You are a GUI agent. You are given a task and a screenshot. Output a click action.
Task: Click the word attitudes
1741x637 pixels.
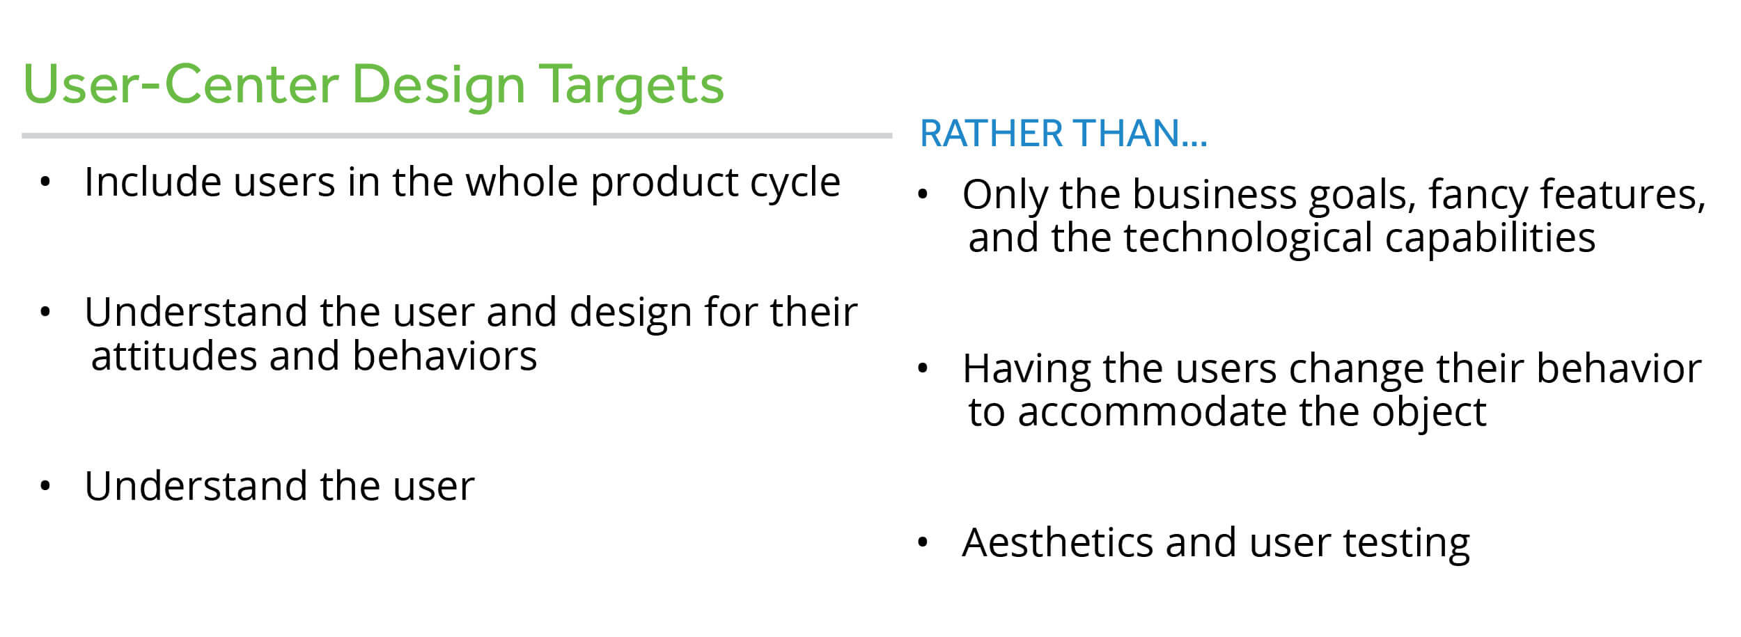coord(174,356)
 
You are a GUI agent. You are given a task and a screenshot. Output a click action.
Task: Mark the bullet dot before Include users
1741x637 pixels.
coord(45,183)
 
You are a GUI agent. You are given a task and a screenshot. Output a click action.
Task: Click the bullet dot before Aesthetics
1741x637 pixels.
coord(923,543)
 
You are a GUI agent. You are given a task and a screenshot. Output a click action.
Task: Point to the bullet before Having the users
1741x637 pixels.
coord(923,369)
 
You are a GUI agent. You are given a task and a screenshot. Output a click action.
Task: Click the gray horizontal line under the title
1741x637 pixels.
coord(457,136)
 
